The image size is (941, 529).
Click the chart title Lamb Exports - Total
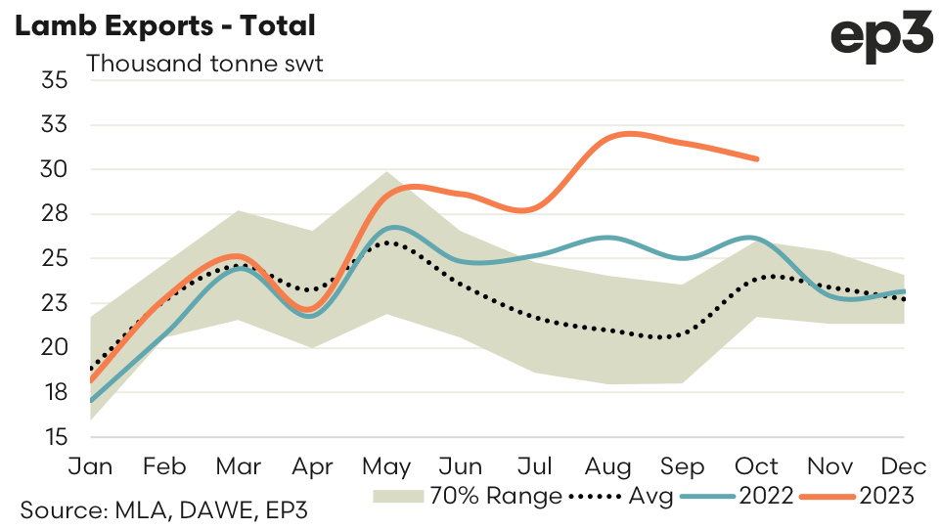[164, 26]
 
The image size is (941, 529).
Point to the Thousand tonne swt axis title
[204, 65]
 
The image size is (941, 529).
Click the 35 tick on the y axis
[54, 80]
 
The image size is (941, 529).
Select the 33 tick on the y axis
[54, 125]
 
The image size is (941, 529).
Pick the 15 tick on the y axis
[54, 437]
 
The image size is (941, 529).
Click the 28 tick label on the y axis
[54, 214]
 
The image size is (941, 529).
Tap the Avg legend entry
[623, 497]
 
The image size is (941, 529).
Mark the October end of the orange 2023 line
[756, 158]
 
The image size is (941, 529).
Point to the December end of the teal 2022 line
[903, 290]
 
